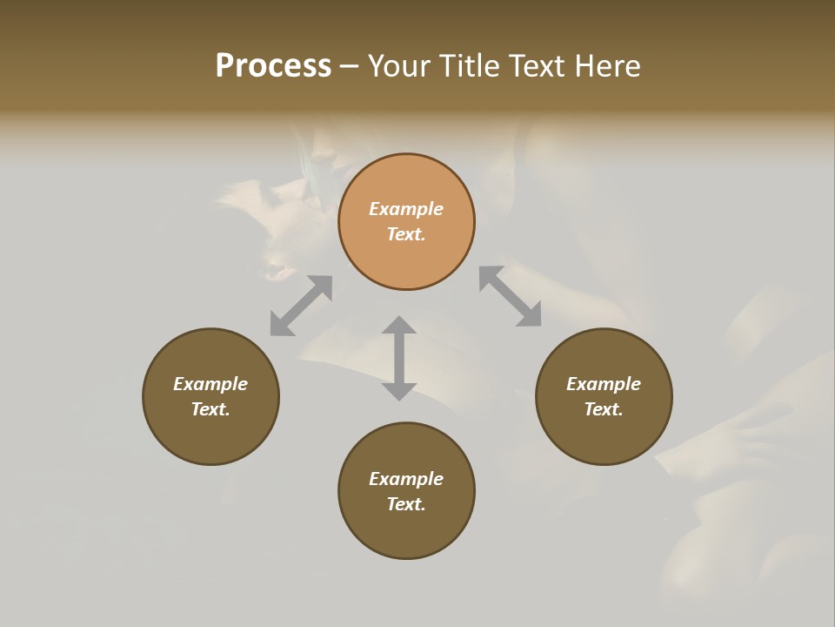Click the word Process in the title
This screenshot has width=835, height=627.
coord(273,66)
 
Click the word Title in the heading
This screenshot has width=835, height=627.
coord(469,66)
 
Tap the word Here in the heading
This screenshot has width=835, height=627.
coord(606,66)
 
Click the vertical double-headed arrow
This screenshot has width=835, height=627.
coord(399,358)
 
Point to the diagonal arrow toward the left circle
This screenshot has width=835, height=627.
coord(301,305)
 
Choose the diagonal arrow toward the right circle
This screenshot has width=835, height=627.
coord(511,296)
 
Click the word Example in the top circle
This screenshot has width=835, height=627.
coord(406,209)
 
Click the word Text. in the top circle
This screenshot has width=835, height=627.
coord(406,234)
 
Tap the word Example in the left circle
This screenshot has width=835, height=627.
coord(210,384)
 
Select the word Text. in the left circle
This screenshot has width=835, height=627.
coord(210,409)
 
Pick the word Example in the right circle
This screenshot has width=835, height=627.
coord(604,384)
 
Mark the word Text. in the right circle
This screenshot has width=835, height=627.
coord(604,409)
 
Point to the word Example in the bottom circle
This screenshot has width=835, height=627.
coord(406,479)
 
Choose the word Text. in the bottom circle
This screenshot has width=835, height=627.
coord(406,504)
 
